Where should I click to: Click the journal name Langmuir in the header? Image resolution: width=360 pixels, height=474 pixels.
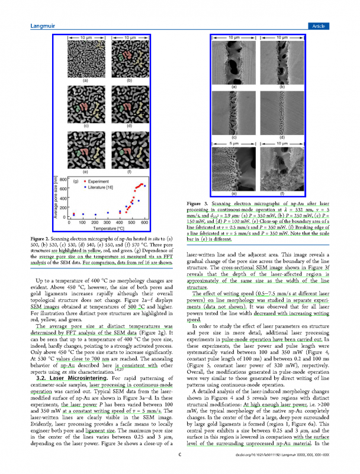click(x=43, y=26)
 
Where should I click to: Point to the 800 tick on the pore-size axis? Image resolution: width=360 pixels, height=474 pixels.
click(x=63, y=179)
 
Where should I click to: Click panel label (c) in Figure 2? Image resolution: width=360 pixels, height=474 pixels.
click(x=86, y=126)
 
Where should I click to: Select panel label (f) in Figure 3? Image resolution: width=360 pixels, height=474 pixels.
click(x=282, y=193)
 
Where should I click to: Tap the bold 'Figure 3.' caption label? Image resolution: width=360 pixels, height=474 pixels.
click(x=199, y=204)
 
